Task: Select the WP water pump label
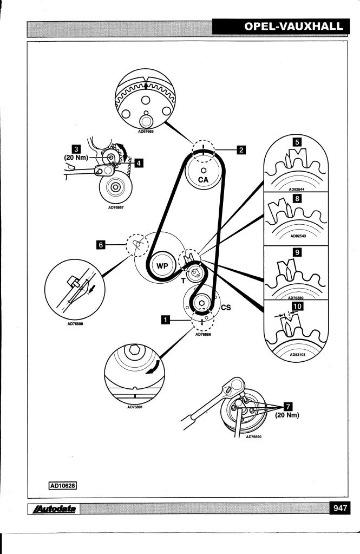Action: pos(162,266)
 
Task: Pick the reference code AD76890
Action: pos(254,436)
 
